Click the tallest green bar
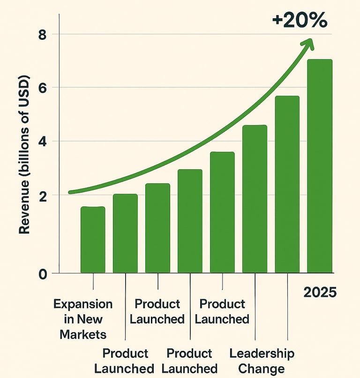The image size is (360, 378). point(320,166)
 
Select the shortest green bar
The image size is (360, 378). point(93,240)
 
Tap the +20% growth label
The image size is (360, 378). point(300,21)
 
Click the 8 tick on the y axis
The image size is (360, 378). point(43,34)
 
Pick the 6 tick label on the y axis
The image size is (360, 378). point(43,88)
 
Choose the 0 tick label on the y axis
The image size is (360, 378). point(43,273)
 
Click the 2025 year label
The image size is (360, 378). point(320,293)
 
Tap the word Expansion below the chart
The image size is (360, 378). point(83,304)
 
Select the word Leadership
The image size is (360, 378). point(262,353)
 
